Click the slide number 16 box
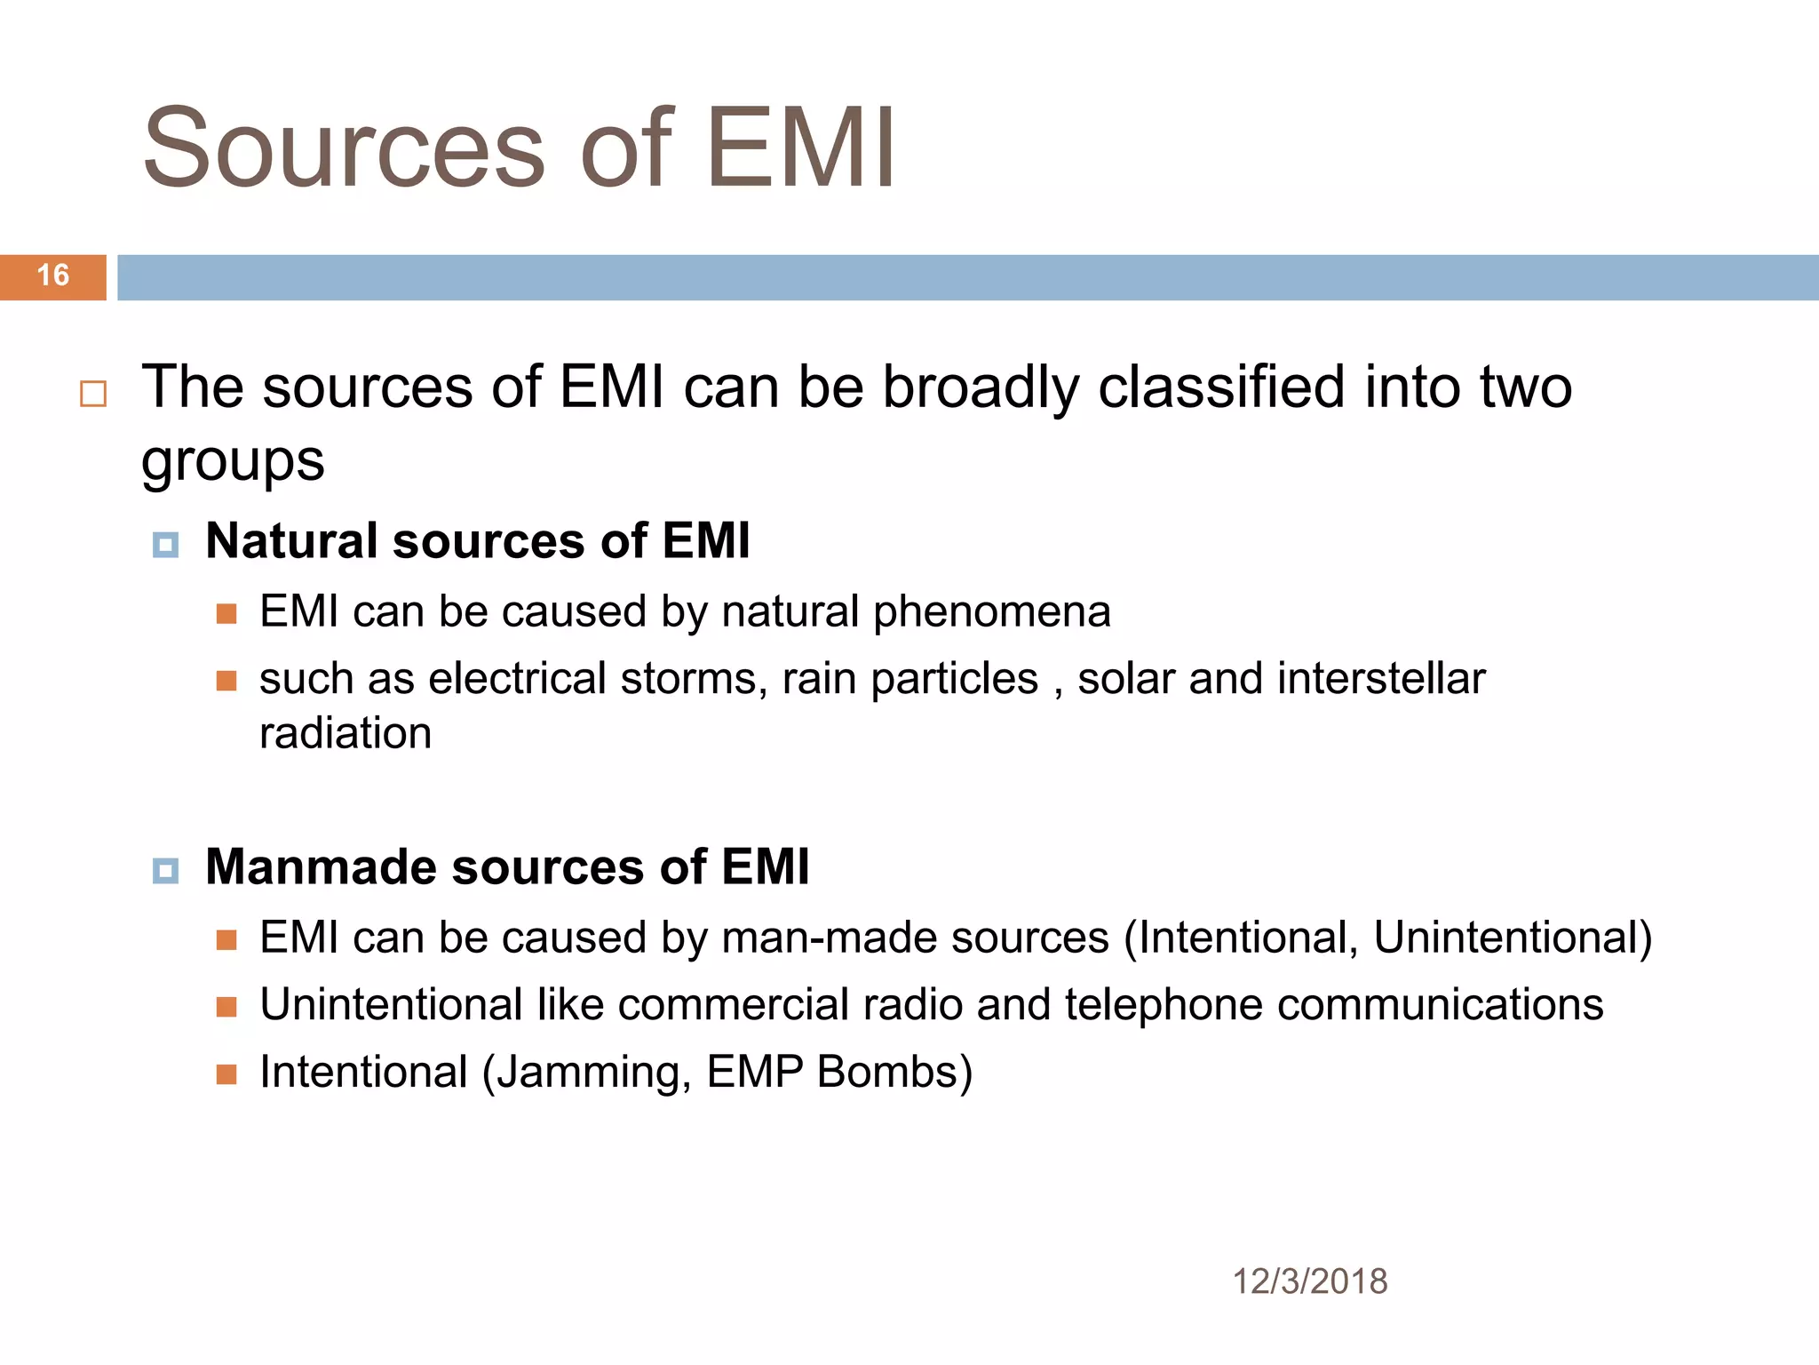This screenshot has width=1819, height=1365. [x=53, y=276]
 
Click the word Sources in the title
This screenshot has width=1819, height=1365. [x=343, y=149]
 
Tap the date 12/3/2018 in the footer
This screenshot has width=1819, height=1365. [x=1309, y=1281]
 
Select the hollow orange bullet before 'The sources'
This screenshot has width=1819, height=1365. [x=93, y=394]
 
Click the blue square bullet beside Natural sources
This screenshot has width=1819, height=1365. [x=165, y=544]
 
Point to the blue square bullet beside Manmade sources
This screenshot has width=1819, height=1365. [x=165, y=870]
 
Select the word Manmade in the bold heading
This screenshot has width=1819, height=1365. [x=321, y=866]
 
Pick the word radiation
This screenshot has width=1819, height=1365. [x=346, y=734]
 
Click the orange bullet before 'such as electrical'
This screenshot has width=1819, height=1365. [x=226, y=681]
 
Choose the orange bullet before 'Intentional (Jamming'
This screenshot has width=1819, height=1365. [x=226, y=1074]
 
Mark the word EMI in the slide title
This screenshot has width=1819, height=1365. [x=800, y=149]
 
